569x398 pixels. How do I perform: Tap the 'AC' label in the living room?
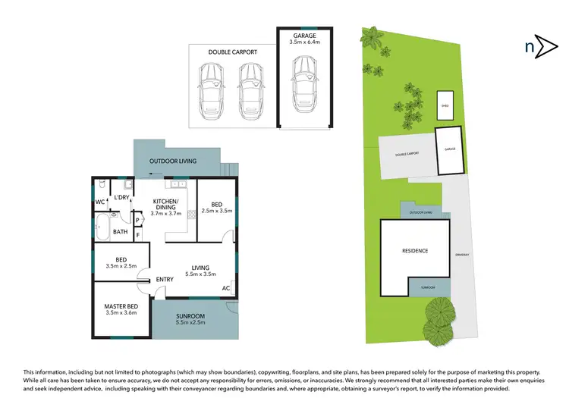(x=226, y=288)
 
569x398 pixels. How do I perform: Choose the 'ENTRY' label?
(x=165, y=280)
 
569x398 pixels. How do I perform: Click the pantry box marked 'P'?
(x=137, y=221)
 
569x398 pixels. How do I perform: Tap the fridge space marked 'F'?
(x=137, y=236)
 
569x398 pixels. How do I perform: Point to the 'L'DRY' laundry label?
(x=121, y=198)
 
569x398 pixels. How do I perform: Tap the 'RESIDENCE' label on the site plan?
(x=415, y=251)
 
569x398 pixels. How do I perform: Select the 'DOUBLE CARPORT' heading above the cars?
(x=232, y=52)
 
